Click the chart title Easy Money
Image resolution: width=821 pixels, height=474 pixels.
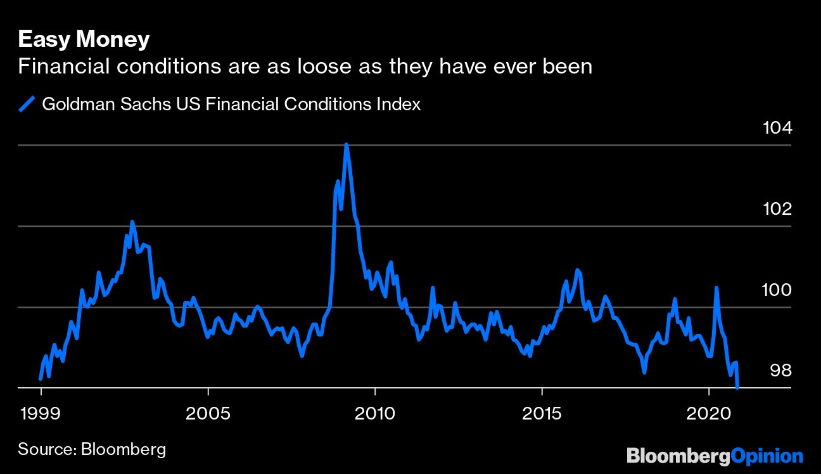coord(84,39)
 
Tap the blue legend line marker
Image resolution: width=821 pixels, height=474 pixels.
coord(27,103)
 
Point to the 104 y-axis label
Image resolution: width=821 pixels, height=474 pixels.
coord(777,129)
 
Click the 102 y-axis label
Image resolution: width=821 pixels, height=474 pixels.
coord(777,209)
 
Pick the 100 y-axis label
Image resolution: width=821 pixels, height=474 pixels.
coord(777,290)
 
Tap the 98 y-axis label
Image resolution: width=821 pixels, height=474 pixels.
coord(781,370)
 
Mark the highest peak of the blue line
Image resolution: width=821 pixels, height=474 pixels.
coord(346,144)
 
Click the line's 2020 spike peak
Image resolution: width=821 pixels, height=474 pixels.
coord(716,288)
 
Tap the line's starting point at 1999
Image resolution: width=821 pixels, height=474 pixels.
coord(41,378)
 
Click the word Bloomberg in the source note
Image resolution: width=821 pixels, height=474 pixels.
coord(124,450)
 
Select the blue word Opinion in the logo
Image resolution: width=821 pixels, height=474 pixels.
coord(767,456)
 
